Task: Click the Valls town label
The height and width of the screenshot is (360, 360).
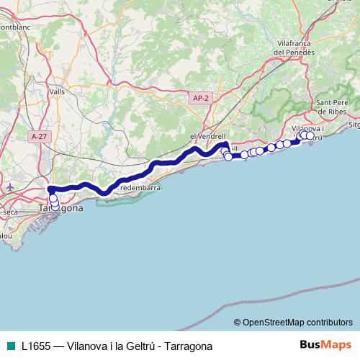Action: pos(58,91)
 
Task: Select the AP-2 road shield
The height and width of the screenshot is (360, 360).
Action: pos(201,98)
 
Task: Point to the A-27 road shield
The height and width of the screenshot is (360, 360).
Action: pos(40,135)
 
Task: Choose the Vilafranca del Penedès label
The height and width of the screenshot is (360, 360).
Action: pos(295,48)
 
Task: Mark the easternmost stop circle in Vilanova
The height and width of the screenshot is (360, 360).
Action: pos(310,135)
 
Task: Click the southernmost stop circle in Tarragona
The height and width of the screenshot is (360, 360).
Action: pos(55,209)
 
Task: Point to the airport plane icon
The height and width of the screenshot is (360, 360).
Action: pos(7,186)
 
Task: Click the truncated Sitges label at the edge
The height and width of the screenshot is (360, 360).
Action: pos(354,124)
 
